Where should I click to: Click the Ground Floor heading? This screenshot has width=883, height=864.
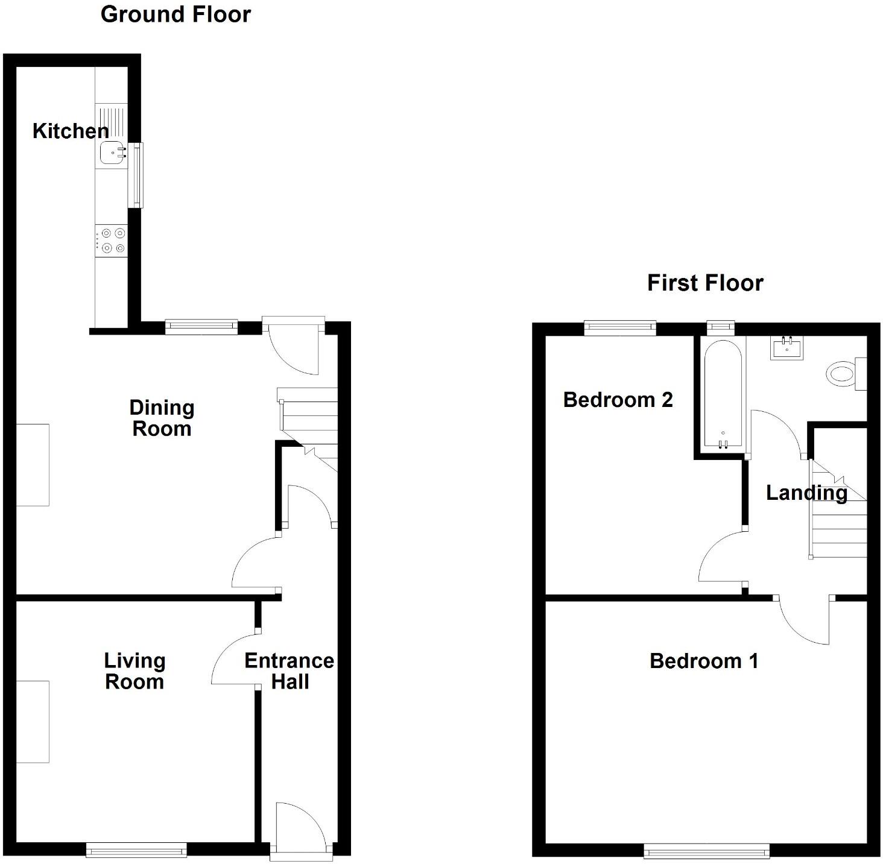pyautogui.click(x=176, y=14)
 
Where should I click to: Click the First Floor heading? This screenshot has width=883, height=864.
pyautogui.click(x=705, y=283)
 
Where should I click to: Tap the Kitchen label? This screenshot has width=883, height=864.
pyautogui.click(x=70, y=131)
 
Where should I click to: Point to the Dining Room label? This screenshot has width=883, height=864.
pyautogui.click(x=162, y=418)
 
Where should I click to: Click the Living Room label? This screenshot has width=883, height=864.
pyautogui.click(x=135, y=671)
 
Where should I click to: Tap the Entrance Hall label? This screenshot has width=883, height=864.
pyautogui.click(x=290, y=671)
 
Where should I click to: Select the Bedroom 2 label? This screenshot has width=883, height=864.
pyautogui.click(x=618, y=400)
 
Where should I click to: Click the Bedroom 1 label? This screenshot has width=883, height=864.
pyautogui.click(x=704, y=661)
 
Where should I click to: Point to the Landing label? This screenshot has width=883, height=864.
pyautogui.click(x=806, y=493)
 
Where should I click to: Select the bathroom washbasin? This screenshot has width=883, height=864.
pyautogui.click(x=787, y=348)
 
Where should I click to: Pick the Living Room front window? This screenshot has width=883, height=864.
pyautogui.click(x=136, y=850)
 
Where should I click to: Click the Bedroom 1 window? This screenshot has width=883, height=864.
pyautogui.click(x=706, y=851)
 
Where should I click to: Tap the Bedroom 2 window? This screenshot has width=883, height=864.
pyautogui.click(x=620, y=327)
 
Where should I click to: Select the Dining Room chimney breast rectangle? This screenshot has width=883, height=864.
pyautogui.click(x=32, y=464)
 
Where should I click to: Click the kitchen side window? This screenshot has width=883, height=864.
pyautogui.click(x=138, y=175)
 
